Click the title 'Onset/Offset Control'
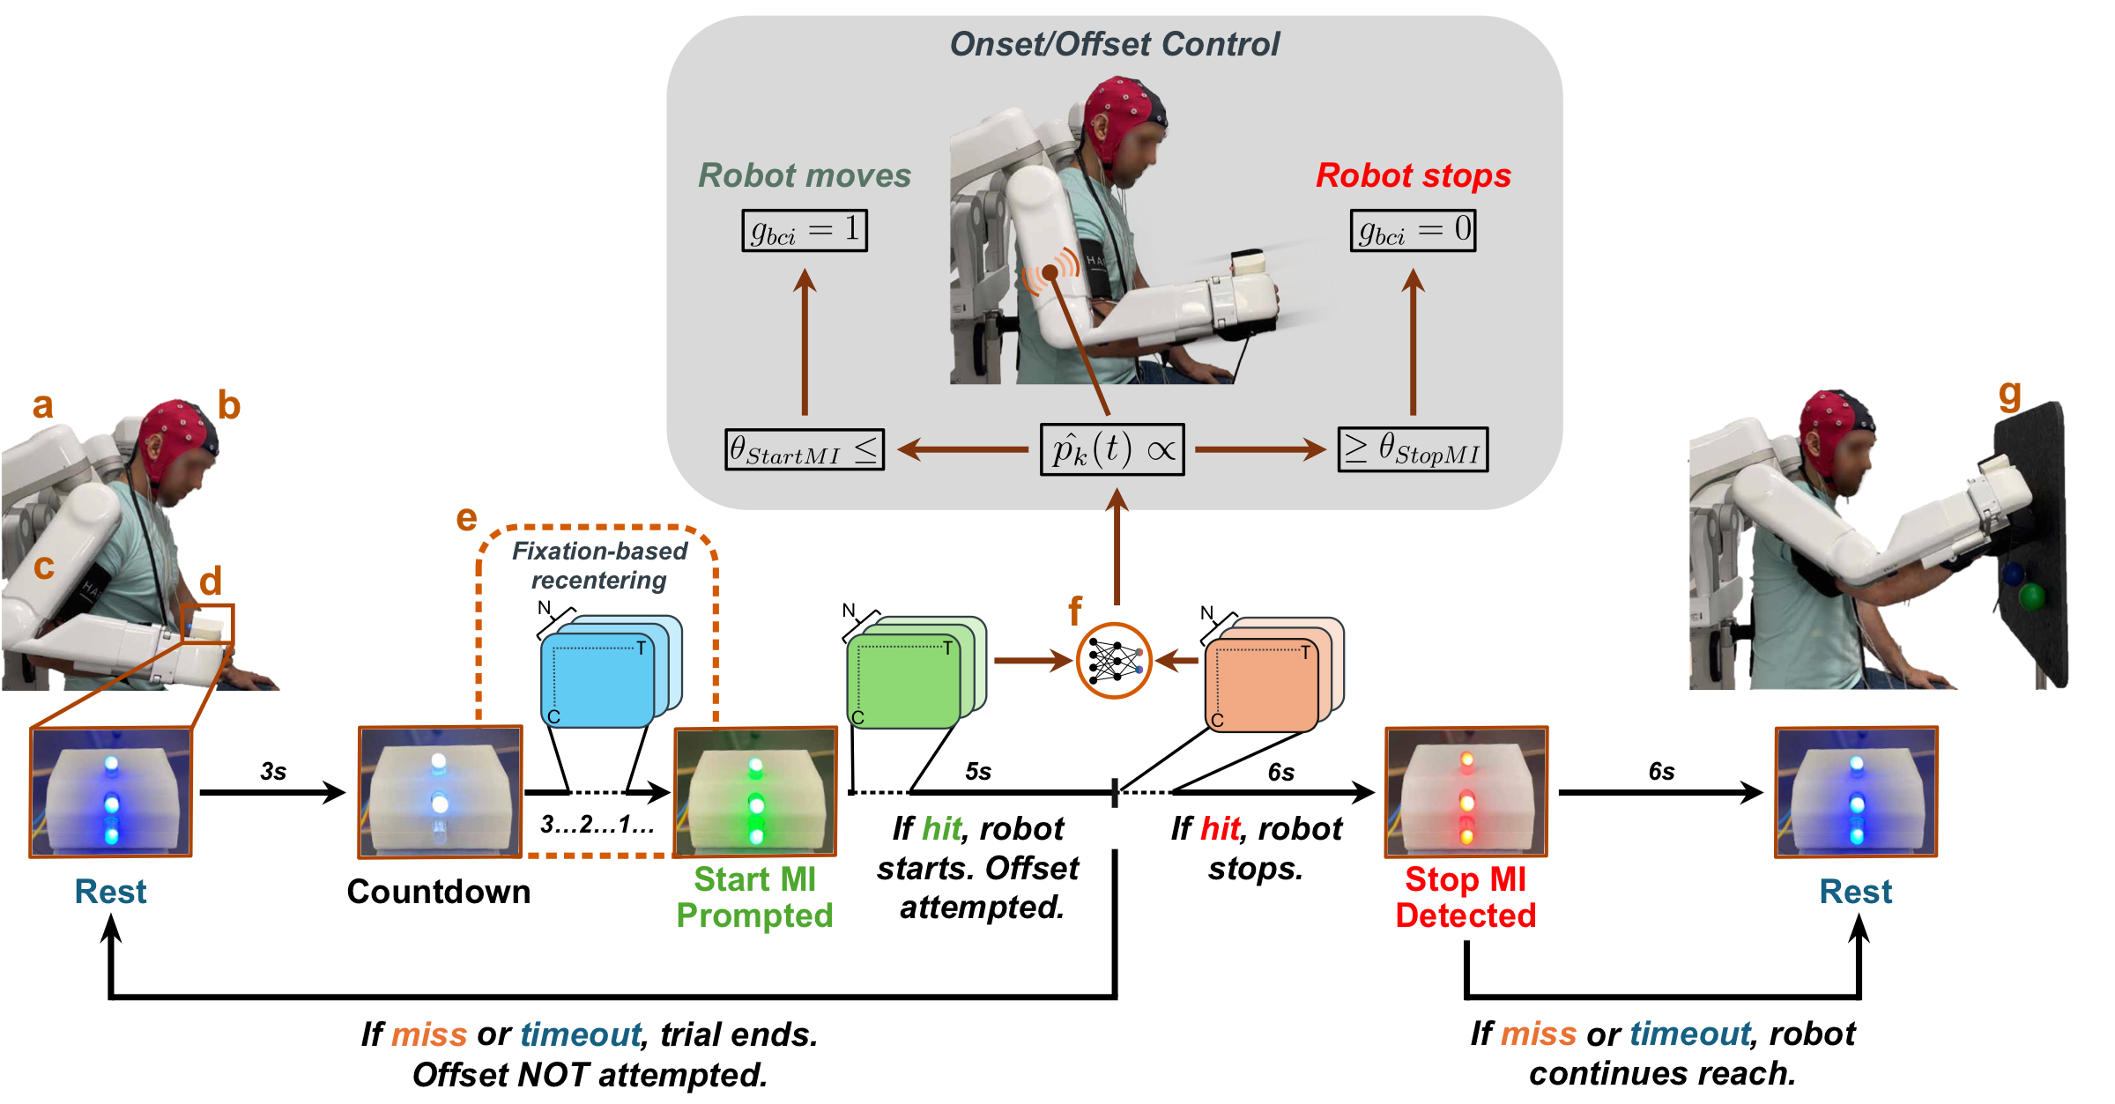coord(1114,44)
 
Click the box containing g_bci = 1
coord(804,231)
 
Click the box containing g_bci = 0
coord(1413,231)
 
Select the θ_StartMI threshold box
coord(804,450)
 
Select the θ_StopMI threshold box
coord(1413,450)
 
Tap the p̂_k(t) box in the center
coord(1112,450)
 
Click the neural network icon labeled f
coord(1114,661)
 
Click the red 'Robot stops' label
coord(1413,175)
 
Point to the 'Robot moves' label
coord(804,175)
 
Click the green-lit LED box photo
coord(755,791)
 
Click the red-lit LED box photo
coord(1466,791)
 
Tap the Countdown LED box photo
coord(440,791)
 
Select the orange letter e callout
coord(466,518)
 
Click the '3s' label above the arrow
coord(273,772)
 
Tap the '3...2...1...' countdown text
coord(597,825)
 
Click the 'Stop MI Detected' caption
coord(1466,898)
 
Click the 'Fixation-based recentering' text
coord(599,566)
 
